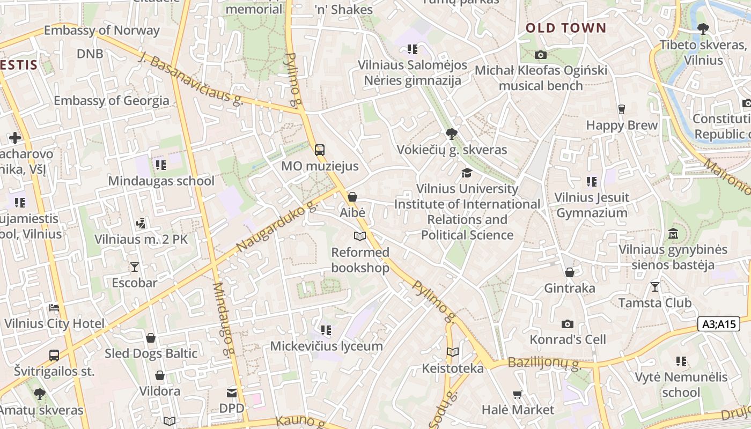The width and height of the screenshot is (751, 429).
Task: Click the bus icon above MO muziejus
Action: click(320, 150)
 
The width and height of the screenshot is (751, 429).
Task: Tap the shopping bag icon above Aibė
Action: click(352, 197)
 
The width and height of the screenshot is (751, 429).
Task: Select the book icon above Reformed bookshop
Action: click(359, 236)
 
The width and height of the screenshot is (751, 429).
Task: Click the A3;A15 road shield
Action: click(719, 324)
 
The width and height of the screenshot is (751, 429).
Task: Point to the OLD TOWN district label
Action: click(566, 28)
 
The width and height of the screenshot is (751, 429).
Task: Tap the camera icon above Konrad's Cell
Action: click(568, 324)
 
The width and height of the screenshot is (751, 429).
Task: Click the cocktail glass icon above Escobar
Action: click(134, 267)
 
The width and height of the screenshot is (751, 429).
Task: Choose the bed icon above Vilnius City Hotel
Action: click(54, 308)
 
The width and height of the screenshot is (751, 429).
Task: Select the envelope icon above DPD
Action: click(232, 393)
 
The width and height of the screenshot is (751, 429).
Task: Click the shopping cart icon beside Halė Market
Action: click(518, 394)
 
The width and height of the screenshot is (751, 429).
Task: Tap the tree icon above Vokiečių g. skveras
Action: click(452, 134)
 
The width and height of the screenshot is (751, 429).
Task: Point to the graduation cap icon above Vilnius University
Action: click(467, 173)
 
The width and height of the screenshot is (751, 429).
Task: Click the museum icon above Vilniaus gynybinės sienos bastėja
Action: click(673, 234)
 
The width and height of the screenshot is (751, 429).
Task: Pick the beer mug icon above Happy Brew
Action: click(622, 109)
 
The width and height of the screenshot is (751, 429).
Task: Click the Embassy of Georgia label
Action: click(111, 100)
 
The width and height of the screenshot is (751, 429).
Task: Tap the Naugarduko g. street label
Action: click(277, 227)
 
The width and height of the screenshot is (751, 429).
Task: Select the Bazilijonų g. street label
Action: click(544, 365)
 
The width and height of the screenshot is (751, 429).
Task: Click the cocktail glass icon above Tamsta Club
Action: click(654, 287)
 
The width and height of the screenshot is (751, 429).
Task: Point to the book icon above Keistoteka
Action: click(453, 352)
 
